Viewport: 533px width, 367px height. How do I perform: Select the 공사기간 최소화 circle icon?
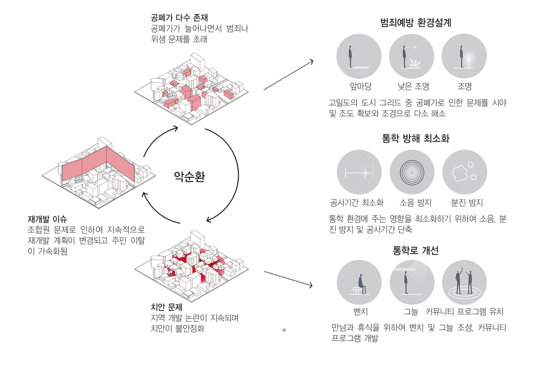[359, 172]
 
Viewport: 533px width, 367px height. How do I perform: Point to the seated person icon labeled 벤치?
[359, 282]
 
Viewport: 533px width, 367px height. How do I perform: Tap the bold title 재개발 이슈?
[47, 219]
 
